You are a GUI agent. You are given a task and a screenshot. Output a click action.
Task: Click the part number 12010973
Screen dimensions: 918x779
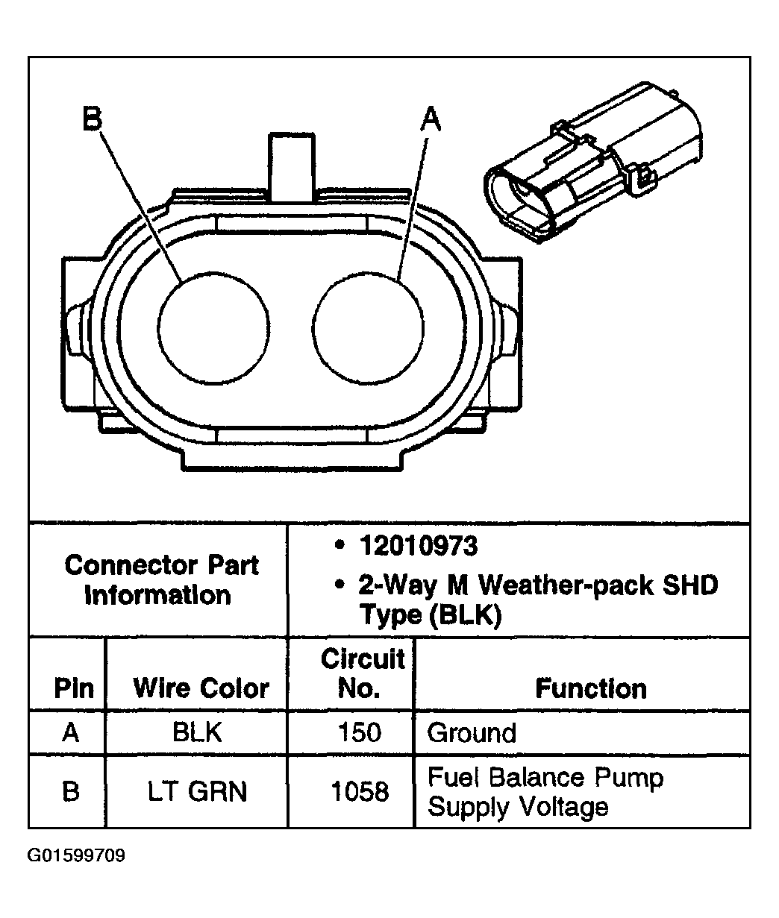[418, 547]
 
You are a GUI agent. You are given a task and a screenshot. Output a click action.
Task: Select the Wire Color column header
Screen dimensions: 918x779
[201, 688]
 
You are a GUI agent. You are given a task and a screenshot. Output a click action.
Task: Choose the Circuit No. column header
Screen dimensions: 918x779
[363, 673]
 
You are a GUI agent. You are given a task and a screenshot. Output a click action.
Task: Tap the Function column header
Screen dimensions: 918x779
[591, 688]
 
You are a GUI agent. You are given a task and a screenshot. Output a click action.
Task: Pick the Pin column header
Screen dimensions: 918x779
[74, 688]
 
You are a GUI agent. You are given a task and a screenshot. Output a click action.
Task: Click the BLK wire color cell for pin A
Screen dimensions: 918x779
[198, 732]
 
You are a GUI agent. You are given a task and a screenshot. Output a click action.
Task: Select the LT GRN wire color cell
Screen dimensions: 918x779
[198, 791]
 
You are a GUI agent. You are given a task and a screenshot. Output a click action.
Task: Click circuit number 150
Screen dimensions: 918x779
[359, 732]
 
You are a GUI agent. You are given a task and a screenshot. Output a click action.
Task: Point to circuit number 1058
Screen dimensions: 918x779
[360, 791]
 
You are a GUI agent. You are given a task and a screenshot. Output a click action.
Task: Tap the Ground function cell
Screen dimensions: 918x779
[472, 733]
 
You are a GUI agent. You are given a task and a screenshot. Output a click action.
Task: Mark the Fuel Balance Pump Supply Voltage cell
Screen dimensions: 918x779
[545, 792]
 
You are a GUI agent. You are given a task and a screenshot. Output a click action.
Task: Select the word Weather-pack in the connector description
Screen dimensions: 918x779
[557, 585]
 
